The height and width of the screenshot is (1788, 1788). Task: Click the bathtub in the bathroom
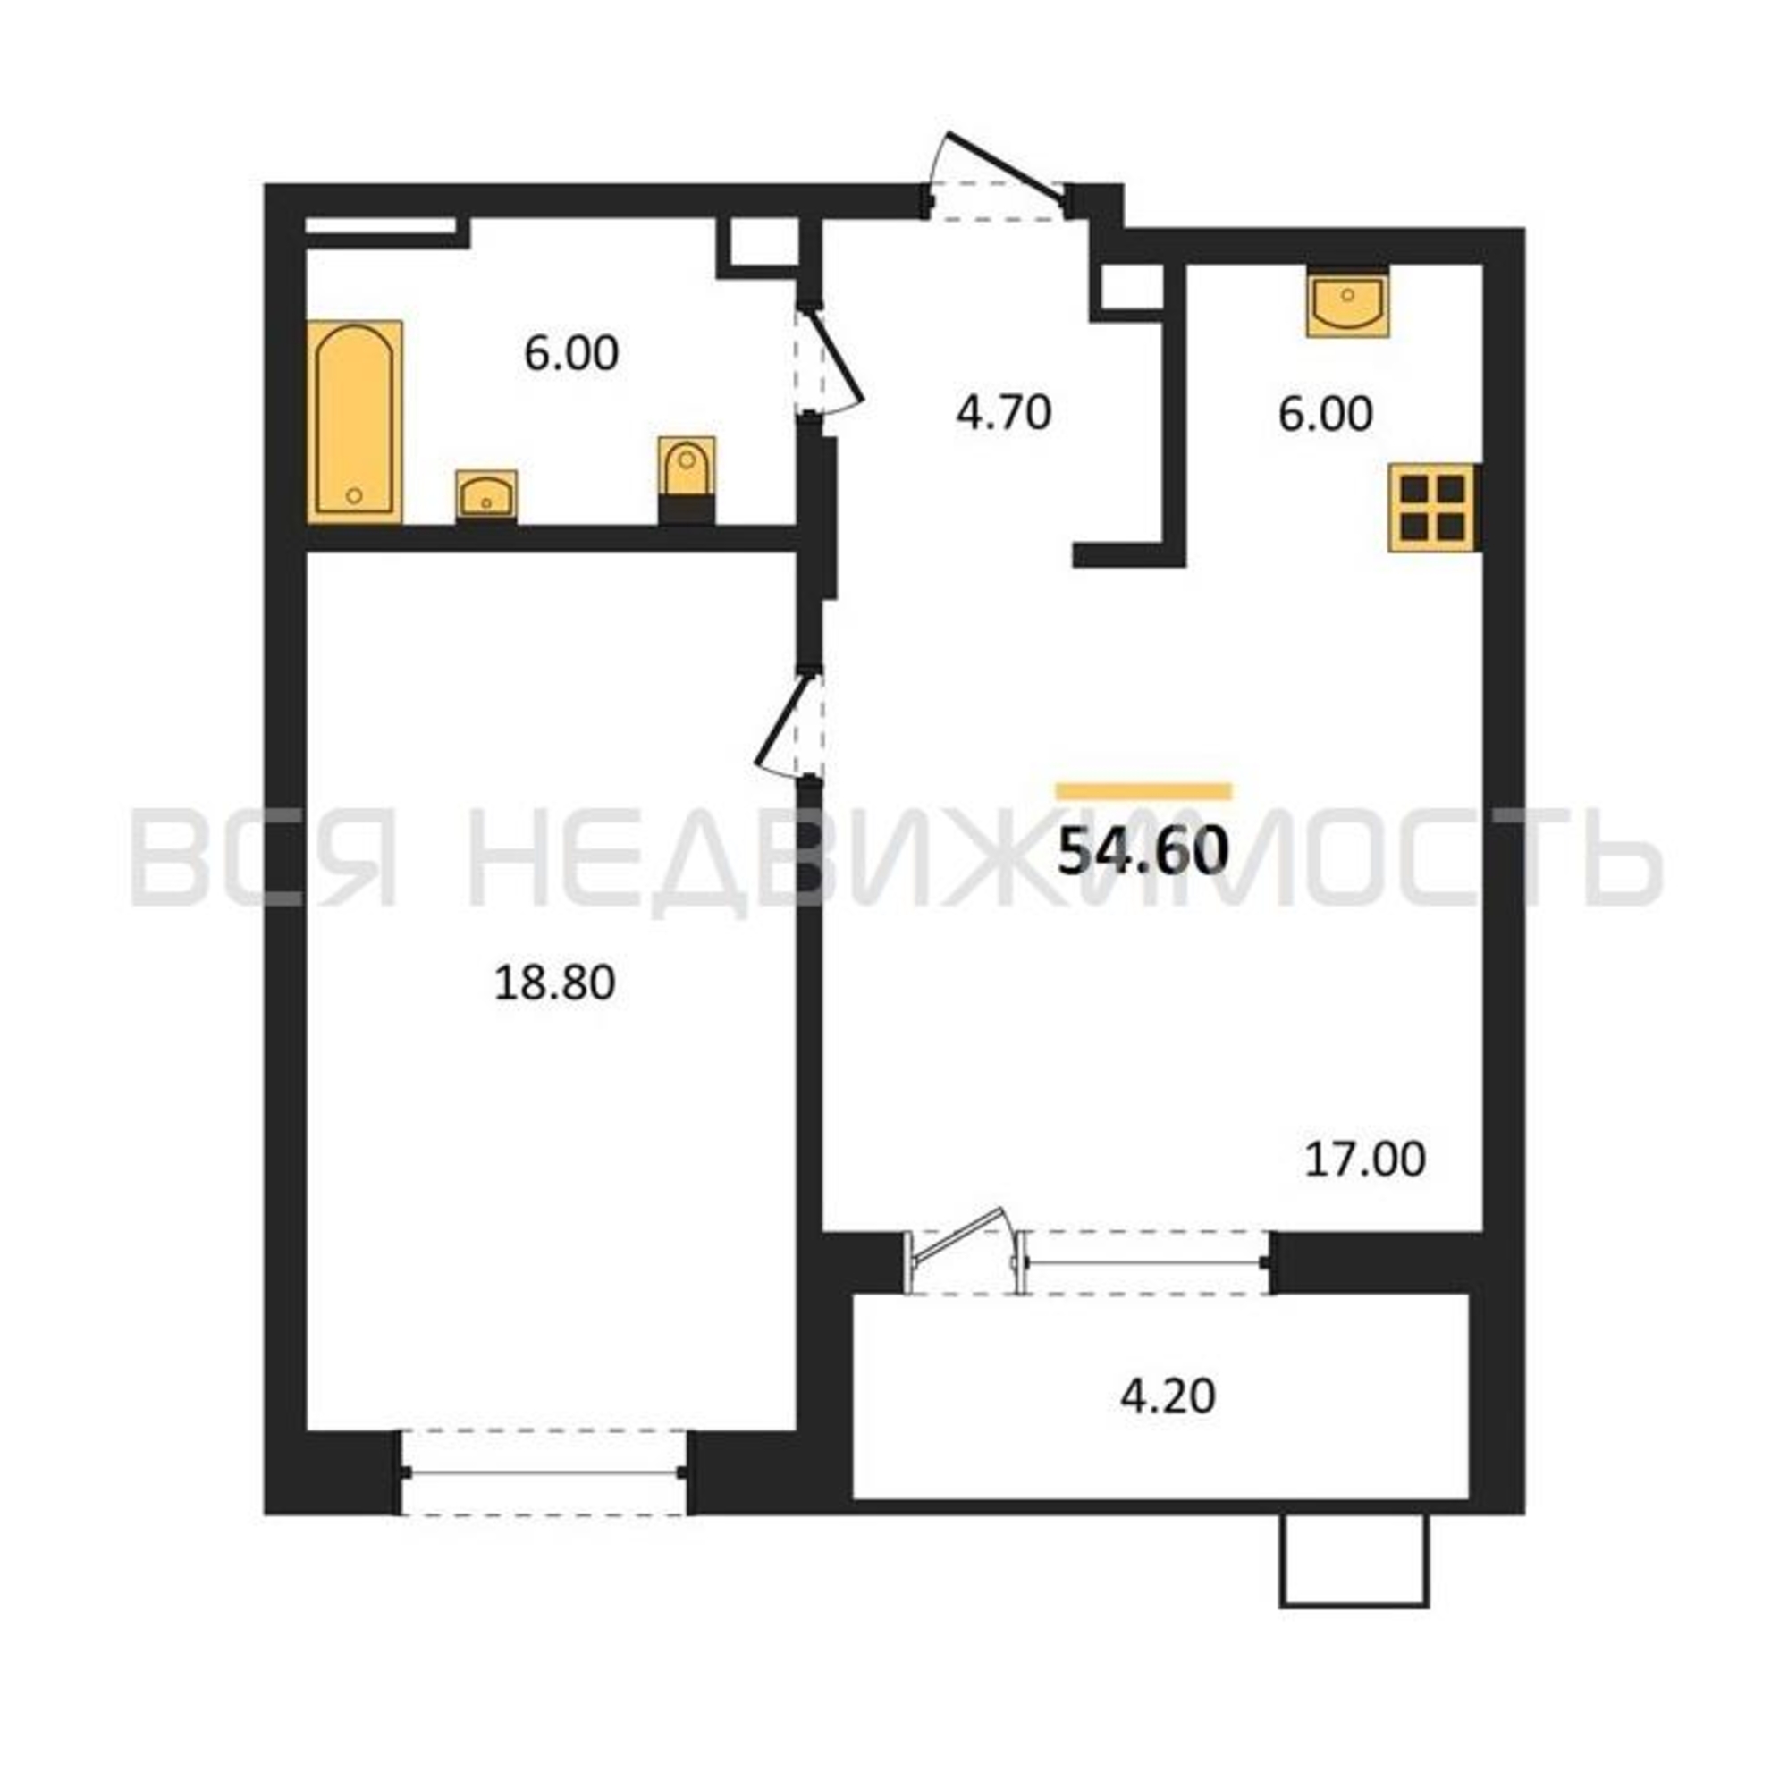click(354, 422)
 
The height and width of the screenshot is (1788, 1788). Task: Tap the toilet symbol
click(686, 480)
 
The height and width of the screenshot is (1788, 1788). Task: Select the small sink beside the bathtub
click(485, 497)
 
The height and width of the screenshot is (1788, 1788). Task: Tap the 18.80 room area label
click(554, 983)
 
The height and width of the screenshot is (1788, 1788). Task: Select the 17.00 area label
click(1365, 1160)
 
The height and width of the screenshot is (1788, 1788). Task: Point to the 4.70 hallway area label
click(1004, 413)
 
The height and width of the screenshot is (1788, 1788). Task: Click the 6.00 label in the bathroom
click(571, 353)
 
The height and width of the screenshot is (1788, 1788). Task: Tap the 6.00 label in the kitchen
click(1325, 414)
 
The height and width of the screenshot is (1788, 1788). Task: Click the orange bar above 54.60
click(1144, 790)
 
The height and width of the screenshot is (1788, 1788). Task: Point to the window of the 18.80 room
click(544, 1471)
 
